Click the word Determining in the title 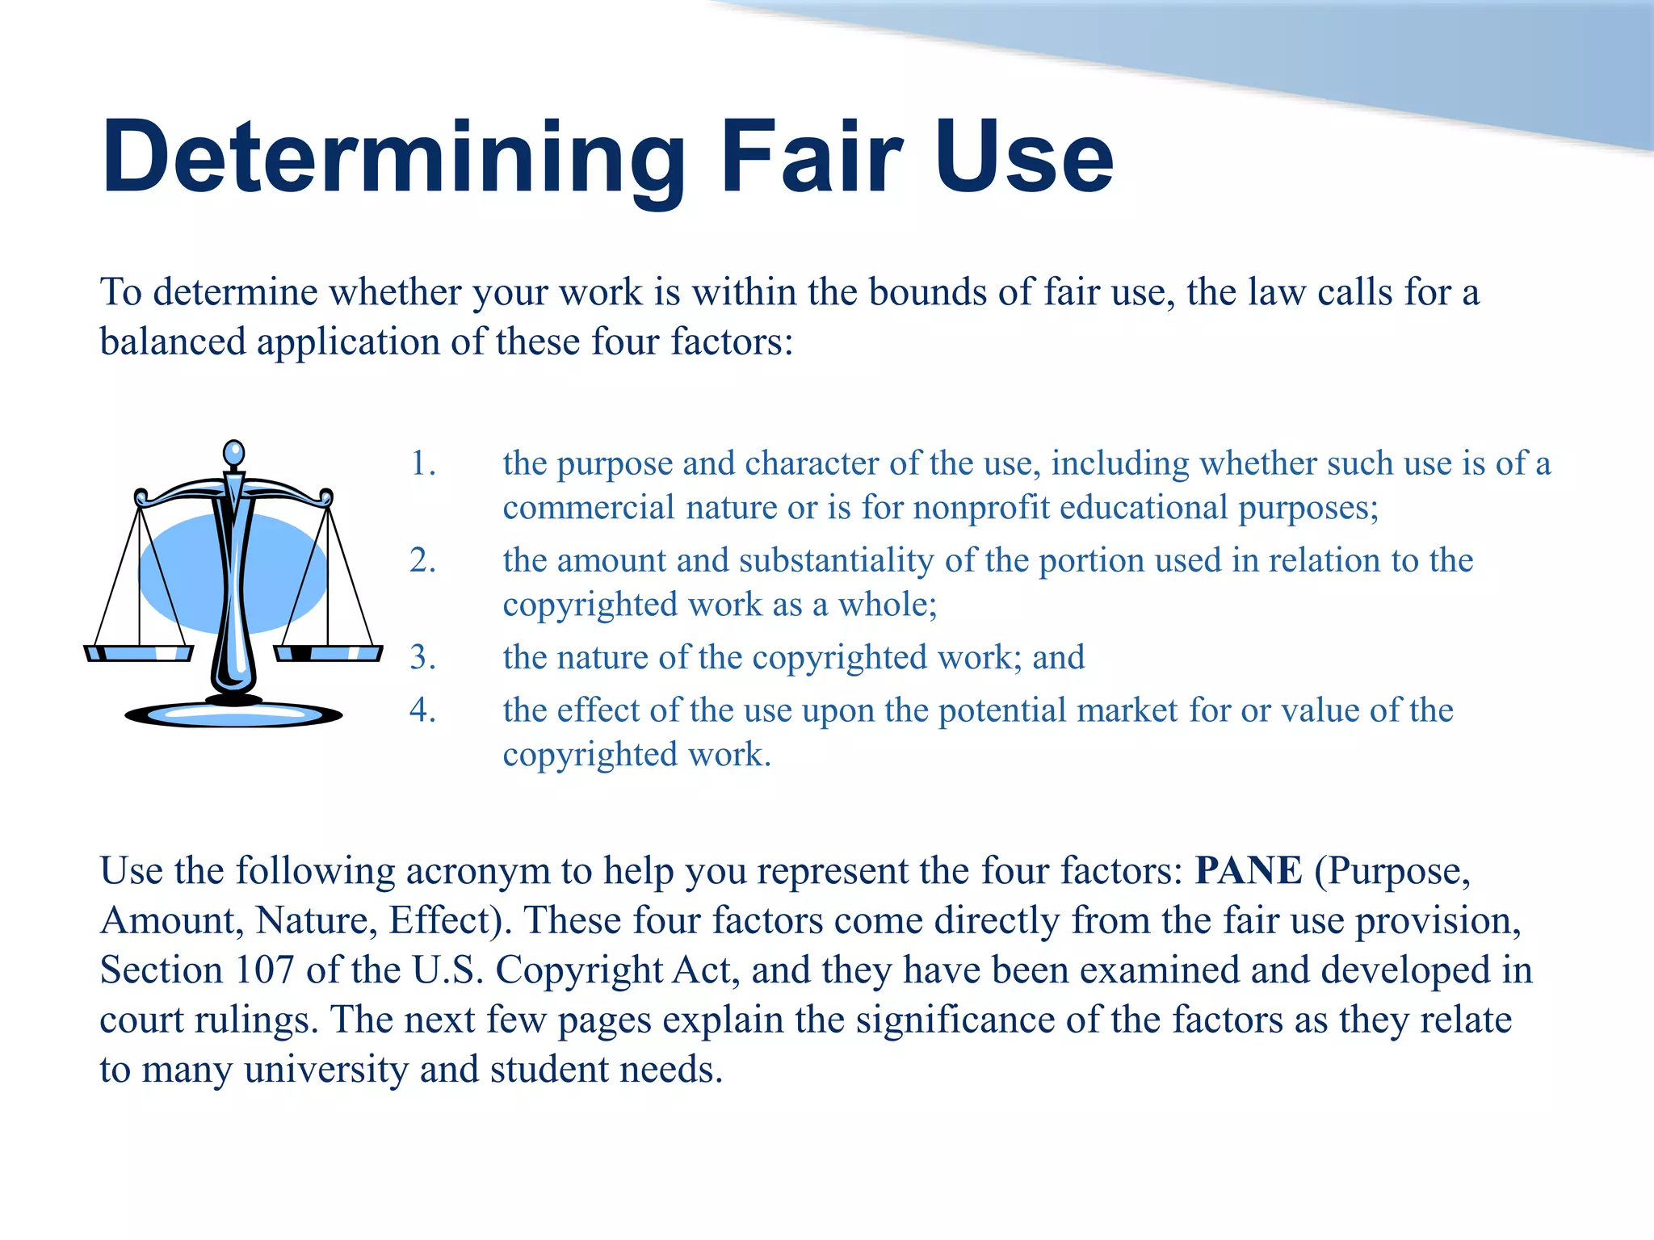[x=393, y=157]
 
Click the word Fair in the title [x=811, y=157]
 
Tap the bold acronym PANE [x=1248, y=871]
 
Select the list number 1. [x=422, y=463]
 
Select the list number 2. [x=422, y=560]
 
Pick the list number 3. [x=422, y=657]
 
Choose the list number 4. [x=422, y=710]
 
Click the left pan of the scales [x=139, y=652]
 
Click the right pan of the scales [x=328, y=652]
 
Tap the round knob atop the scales [x=233, y=453]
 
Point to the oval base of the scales [x=233, y=714]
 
